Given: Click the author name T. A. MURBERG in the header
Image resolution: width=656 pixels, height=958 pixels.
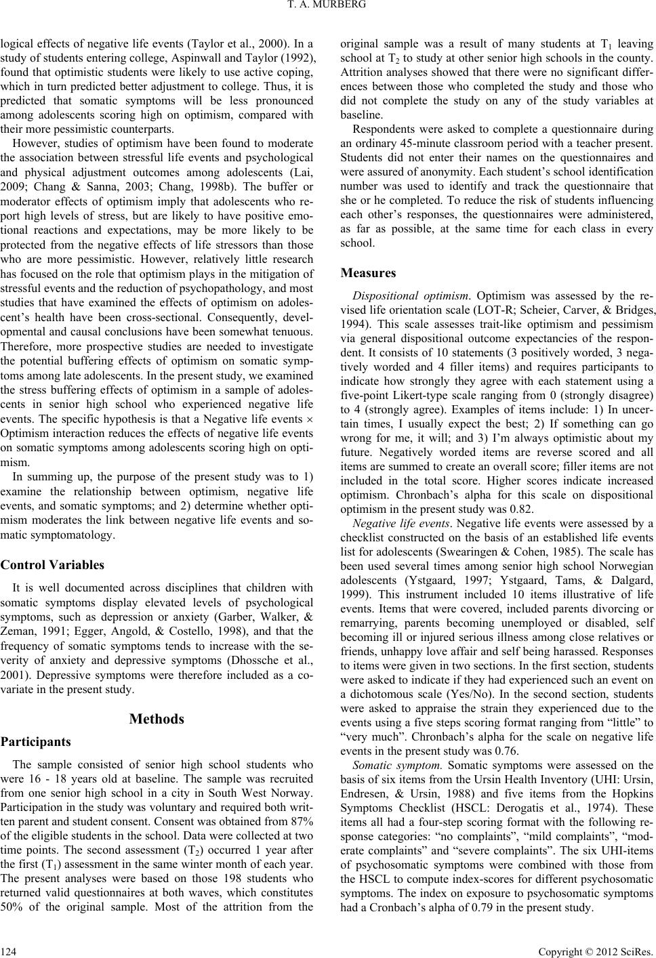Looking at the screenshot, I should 328,8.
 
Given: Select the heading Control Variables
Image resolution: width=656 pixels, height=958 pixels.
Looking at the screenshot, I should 52,564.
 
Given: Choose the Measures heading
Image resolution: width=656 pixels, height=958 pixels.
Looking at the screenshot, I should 367,273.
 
